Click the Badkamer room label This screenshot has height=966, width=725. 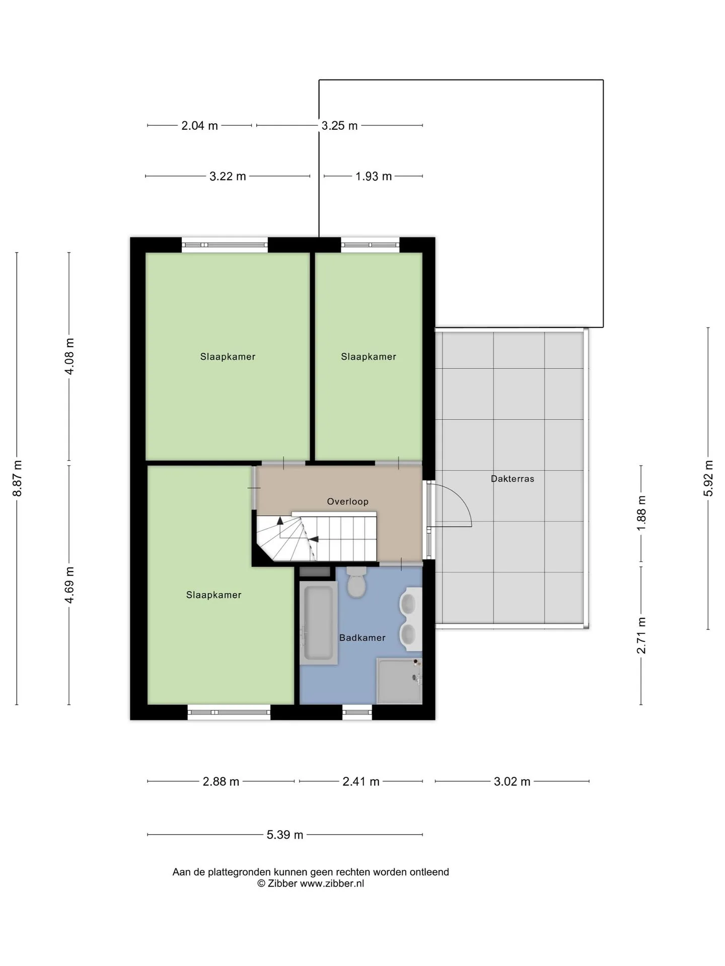tap(362, 637)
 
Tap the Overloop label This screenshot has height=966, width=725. tap(347, 501)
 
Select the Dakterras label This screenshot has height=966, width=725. tap(512, 478)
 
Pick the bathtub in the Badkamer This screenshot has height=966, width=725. tap(318, 623)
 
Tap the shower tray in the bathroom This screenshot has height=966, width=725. tap(399, 681)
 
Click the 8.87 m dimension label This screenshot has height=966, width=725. tap(18, 478)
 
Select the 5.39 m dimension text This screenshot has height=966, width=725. tap(285, 835)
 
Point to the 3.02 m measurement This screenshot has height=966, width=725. tap(512, 781)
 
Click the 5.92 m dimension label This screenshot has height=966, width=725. tap(708, 478)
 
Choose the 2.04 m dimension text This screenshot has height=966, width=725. tap(199, 125)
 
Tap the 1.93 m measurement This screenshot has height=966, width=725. tap(374, 176)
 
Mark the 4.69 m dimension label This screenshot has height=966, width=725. tap(69, 585)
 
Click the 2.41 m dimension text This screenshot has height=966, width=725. tap(361, 781)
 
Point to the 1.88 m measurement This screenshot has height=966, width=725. tap(641, 513)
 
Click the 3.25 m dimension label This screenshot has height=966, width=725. tap(339, 125)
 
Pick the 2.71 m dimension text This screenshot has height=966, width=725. tap(641, 635)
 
